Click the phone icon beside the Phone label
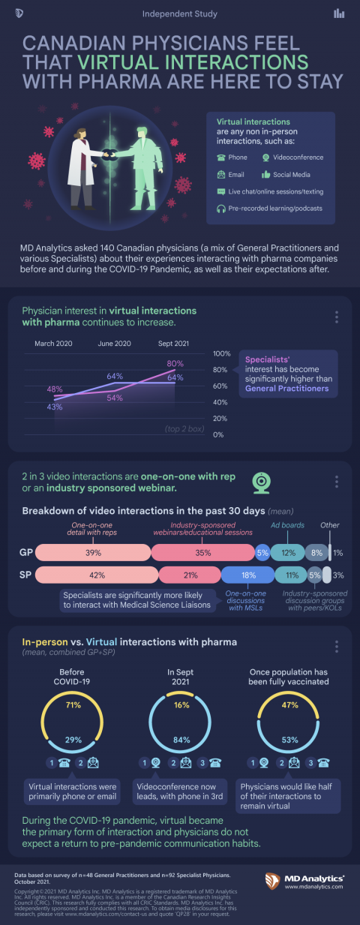(221, 158)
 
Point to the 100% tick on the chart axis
(223, 353)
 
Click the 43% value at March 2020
(55, 406)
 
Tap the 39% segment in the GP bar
(93, 553)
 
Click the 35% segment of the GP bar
(202, 553)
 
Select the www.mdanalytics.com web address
(315, 887)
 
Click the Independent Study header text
(180, 14)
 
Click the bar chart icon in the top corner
(340, 13)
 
